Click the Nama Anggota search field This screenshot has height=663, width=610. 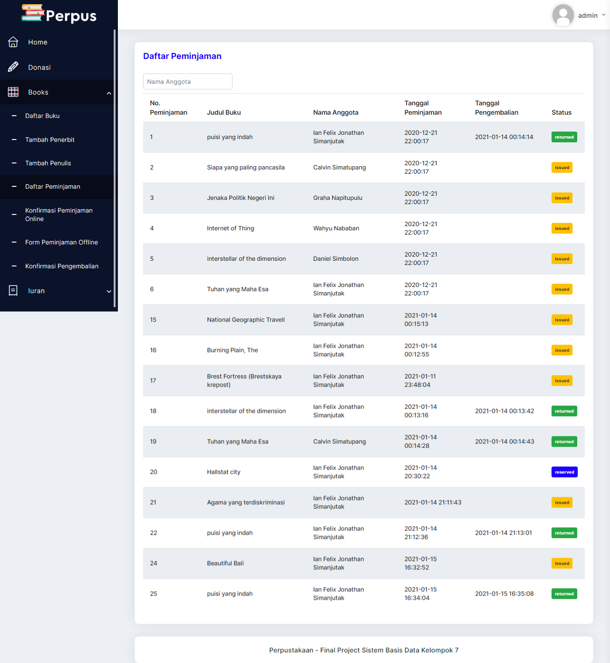(188, 81)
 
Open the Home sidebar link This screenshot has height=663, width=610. (37, 42)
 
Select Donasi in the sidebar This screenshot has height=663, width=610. (39, 67)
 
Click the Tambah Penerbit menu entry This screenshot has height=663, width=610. (50, 140)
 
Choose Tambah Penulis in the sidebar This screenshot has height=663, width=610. (48, 163)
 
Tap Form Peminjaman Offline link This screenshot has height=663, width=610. (61, 242)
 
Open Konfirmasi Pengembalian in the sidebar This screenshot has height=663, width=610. (62, 266)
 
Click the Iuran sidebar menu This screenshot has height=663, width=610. (36, 291)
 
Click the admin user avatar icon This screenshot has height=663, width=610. (563, 15)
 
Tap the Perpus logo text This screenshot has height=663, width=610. (71, 16)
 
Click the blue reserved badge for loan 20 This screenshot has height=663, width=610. (564, 472)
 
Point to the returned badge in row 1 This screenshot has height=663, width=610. (564, 137)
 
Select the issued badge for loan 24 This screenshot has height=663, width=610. (562, 563)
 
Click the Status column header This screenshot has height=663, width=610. (561, 112)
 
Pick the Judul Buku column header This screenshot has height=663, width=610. (224, 112)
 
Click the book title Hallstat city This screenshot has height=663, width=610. (224, 472)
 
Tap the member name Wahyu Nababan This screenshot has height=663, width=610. (336, 228)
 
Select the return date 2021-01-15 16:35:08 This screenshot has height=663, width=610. (504, 594)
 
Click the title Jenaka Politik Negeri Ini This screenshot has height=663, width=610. (240, 198)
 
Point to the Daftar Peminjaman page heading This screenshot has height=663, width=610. (182, 56)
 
